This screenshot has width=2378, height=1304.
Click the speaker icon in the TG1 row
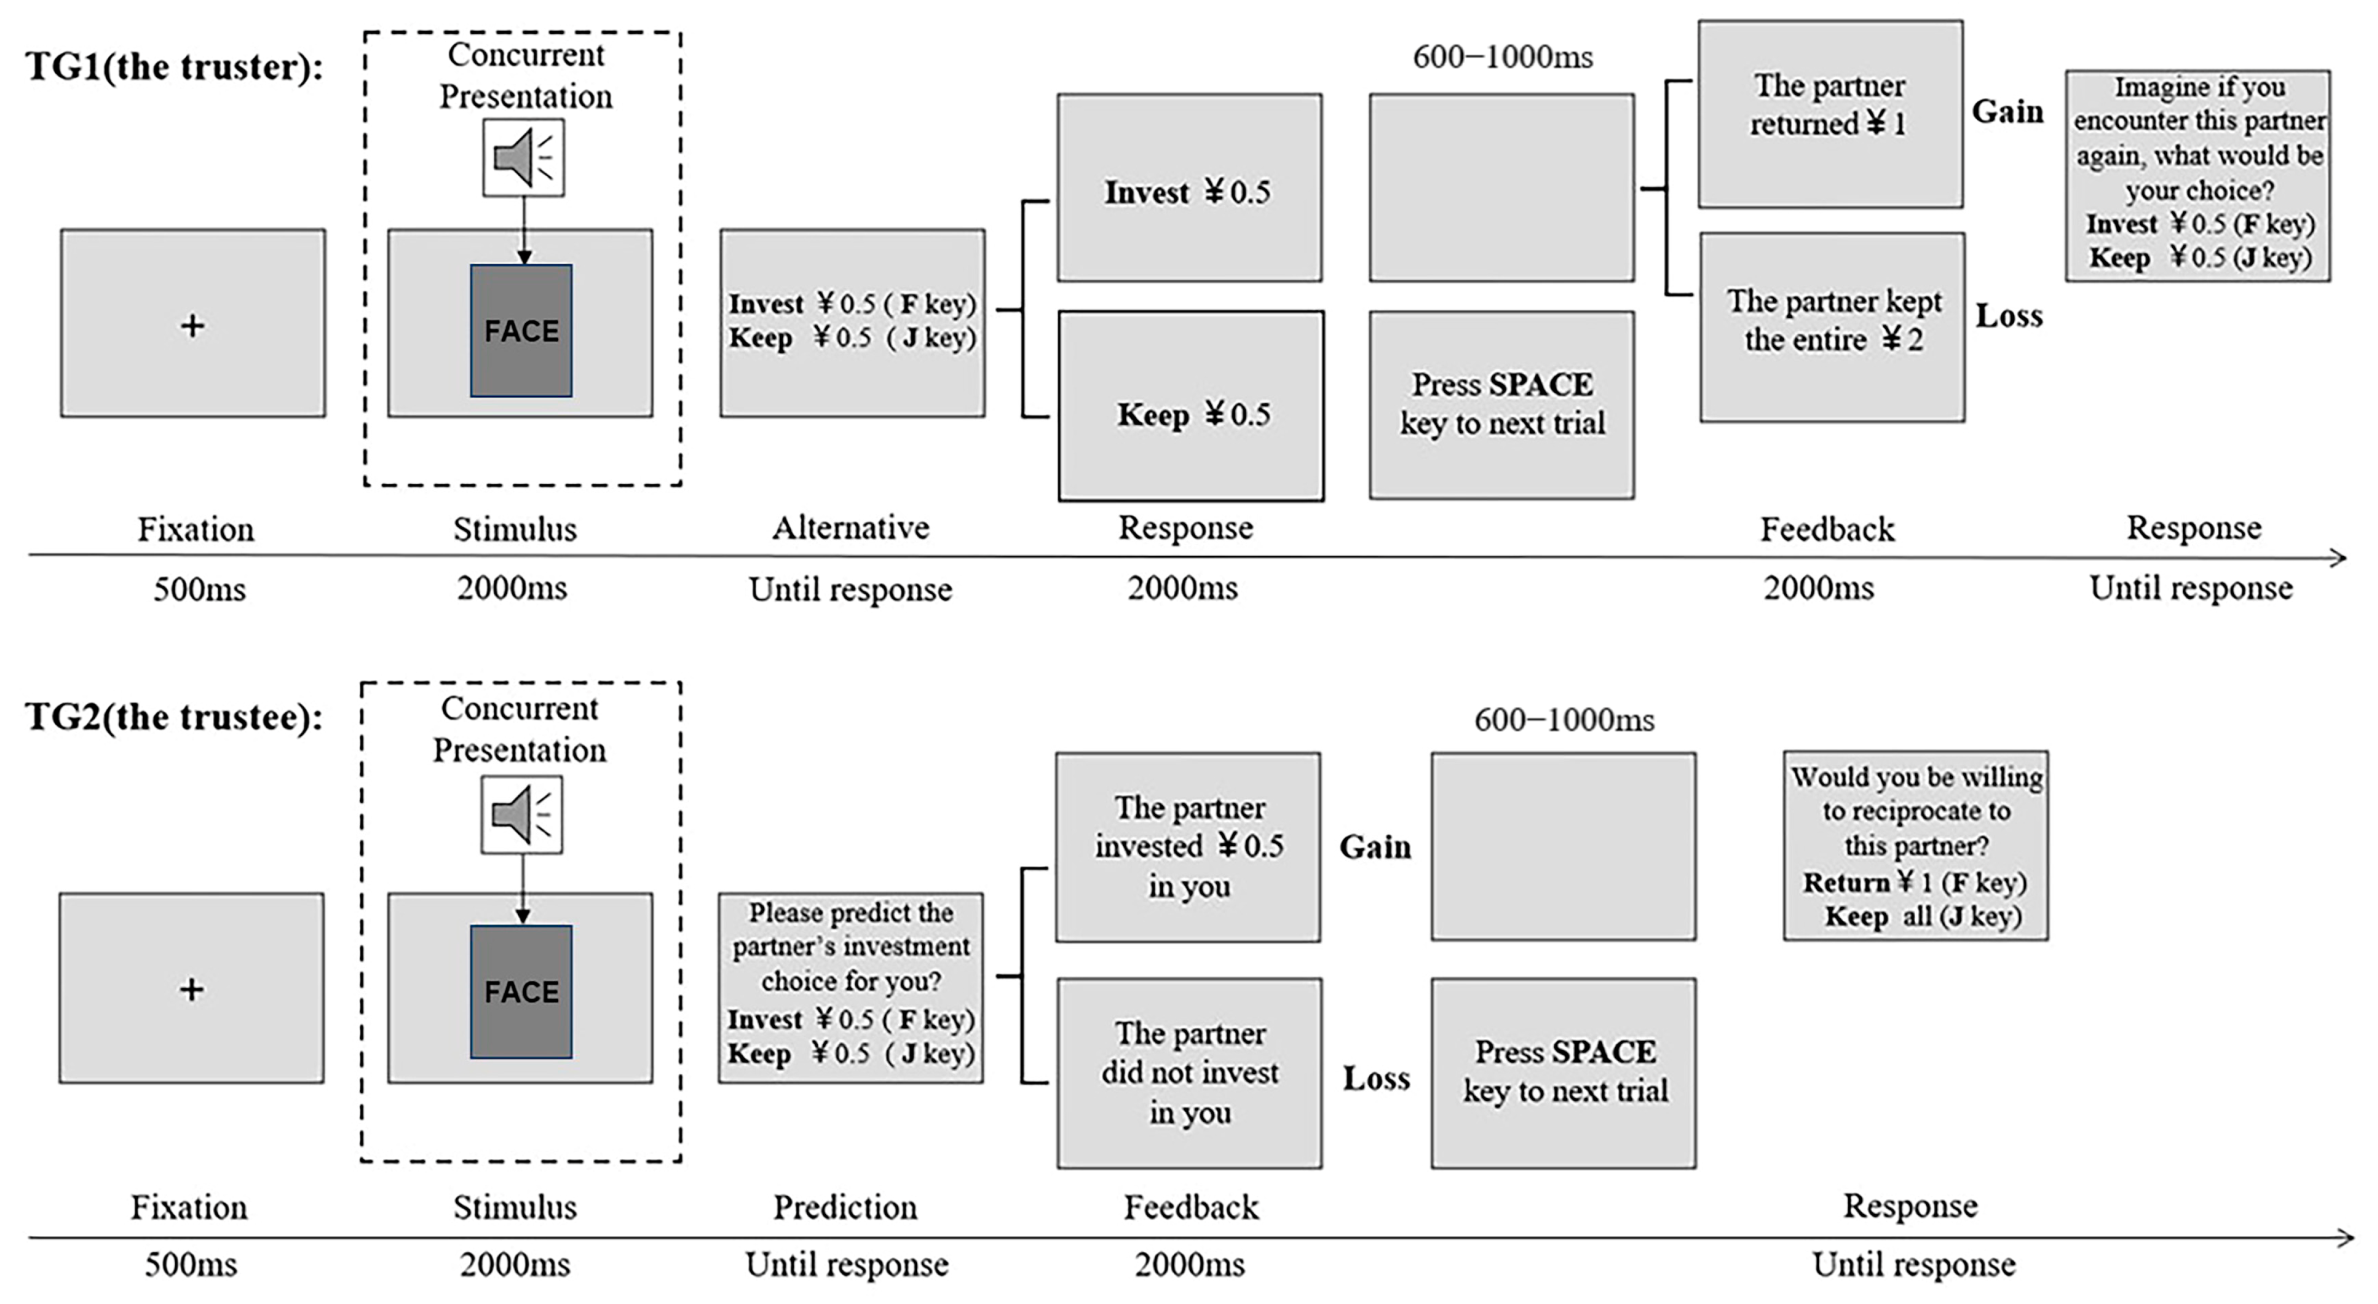523,157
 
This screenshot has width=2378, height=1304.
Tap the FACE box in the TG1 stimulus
520,330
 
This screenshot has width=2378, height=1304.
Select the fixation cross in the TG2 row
191,989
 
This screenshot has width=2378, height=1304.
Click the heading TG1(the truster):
174,66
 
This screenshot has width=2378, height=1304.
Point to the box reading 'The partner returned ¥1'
1830,114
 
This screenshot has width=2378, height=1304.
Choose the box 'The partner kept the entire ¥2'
1831,327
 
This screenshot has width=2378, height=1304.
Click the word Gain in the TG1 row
2007,112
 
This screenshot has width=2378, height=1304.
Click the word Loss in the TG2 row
1376,1078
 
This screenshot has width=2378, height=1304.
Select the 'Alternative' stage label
850,528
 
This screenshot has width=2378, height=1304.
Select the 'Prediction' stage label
845,1207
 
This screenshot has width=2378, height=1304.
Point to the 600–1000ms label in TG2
1564,720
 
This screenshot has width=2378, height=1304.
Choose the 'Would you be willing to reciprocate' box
1915,845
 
